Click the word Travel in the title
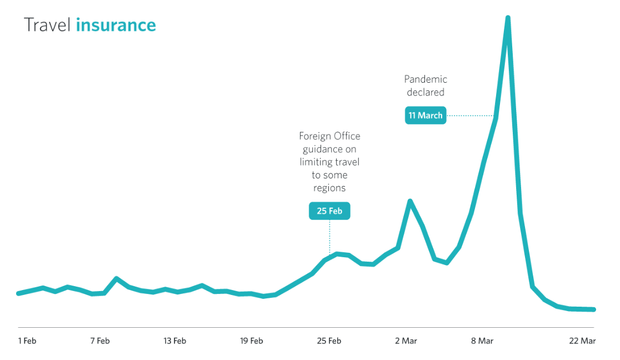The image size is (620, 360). point(47,25)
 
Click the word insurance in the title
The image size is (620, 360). point(116,25)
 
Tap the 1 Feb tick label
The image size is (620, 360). point(27,341)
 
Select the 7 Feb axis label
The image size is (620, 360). point(100,341)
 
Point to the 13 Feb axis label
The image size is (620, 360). point(175,341)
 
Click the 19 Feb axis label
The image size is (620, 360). point(252,341)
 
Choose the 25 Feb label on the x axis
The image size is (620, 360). point(329,341)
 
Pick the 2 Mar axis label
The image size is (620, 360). point(406,341)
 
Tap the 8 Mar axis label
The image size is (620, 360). point(482,341)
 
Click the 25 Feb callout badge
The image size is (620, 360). point(329,211)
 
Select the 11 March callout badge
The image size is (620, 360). point(426,116)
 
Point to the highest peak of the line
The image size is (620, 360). point(508,18)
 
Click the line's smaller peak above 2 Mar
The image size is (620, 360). point(410,201)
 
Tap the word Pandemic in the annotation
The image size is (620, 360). point(426,79)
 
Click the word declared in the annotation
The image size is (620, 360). point(426,92)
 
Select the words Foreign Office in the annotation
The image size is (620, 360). point(329,136)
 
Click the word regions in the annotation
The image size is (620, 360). point(329,188)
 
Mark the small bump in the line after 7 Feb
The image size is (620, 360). point(116,278)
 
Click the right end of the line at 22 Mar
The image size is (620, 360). point(594,309)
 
